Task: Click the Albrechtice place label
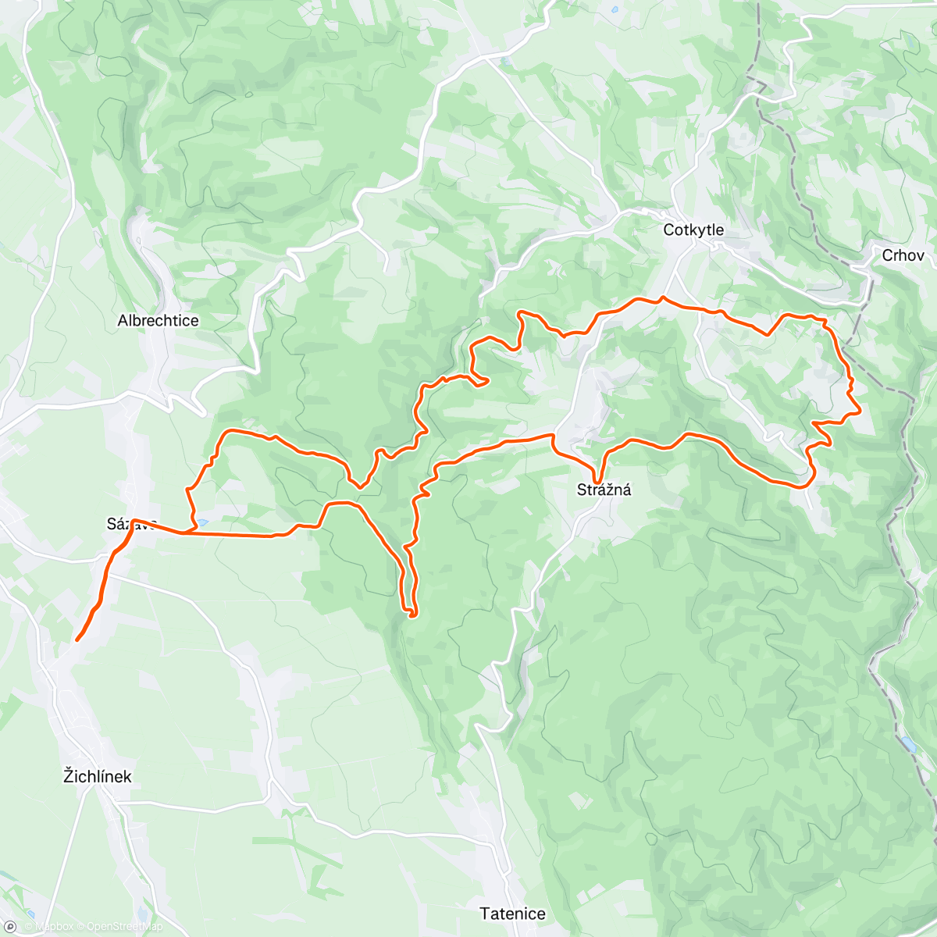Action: coord(158,320)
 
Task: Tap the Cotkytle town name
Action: coord(693,230)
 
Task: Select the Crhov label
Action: coord(903,255)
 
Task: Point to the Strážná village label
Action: coord(604,490)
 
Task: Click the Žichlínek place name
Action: coord(98,776)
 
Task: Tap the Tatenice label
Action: coord(512,913)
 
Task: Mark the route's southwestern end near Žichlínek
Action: coord(77,640)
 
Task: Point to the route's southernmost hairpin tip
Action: coord(411,615)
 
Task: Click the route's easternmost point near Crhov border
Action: coord(860,410)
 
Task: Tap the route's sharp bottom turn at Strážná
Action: coord(597,483)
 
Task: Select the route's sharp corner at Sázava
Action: coord(134,520)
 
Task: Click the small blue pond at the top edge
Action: coord(615,10)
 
